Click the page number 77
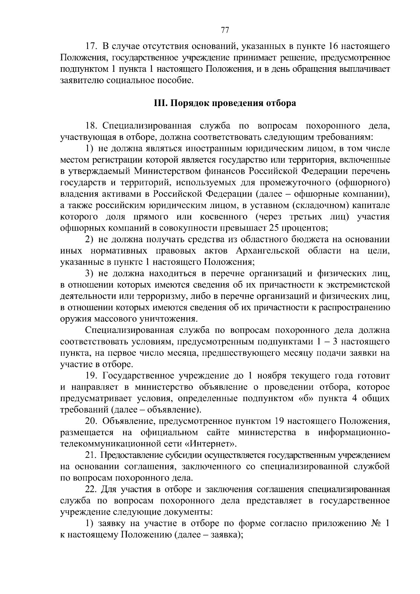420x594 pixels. (225, 30)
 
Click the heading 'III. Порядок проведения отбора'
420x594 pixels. (225, 103)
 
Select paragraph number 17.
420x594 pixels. (91, 46)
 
